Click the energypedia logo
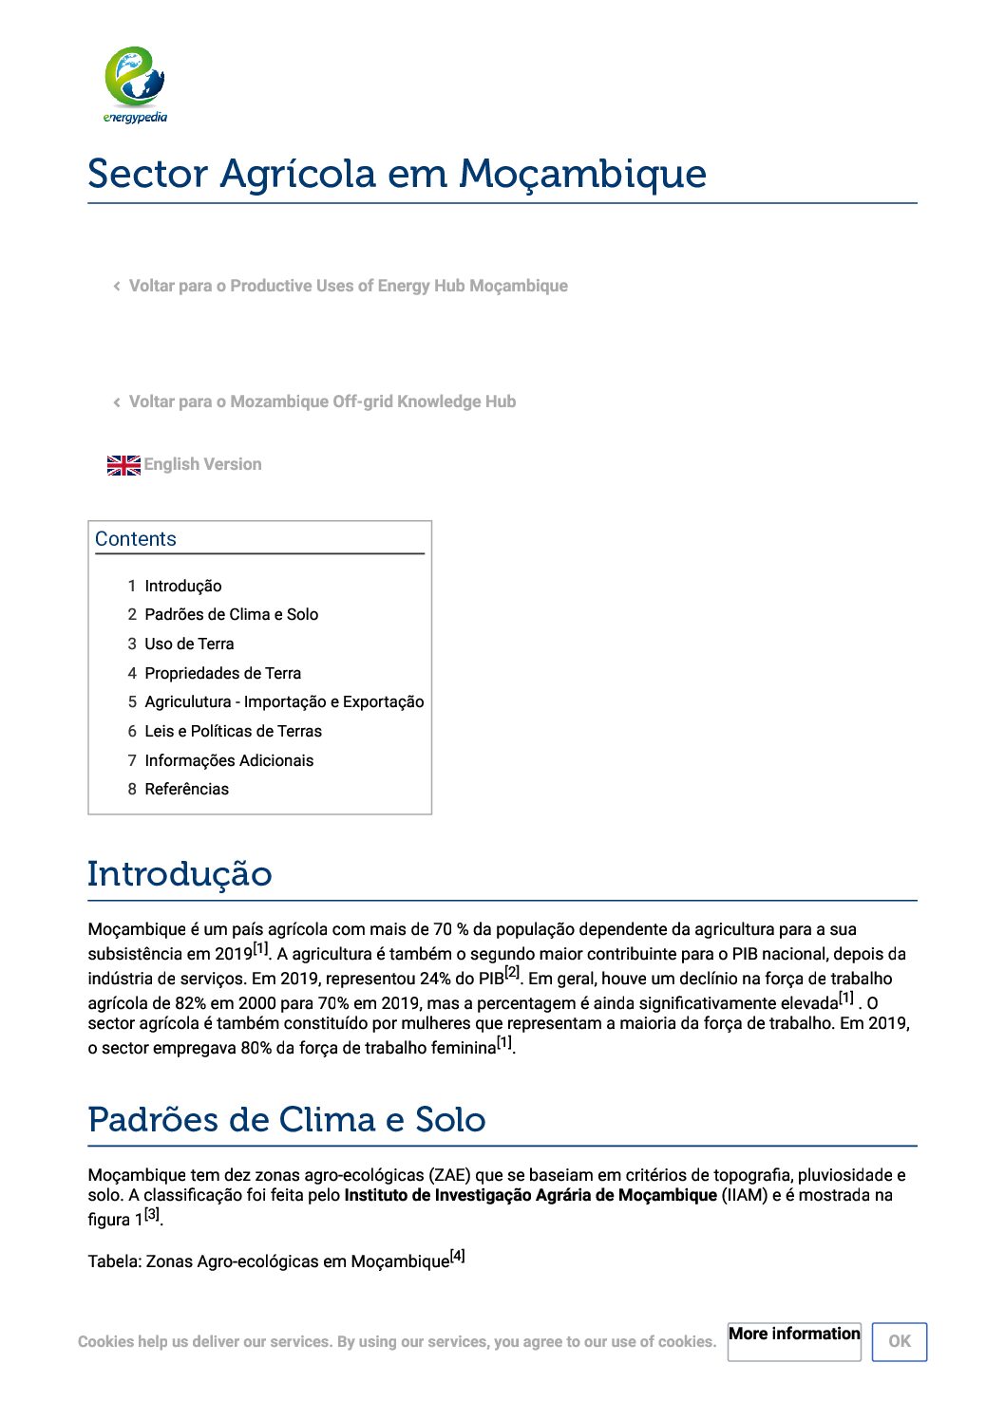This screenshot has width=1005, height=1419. pos(135,84)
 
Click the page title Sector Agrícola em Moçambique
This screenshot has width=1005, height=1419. pos(397,174)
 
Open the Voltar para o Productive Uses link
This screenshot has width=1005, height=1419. pos(348,286)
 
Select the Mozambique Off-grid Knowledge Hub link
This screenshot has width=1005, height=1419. pos(322,401)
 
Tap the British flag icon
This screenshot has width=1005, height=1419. pos(123,465)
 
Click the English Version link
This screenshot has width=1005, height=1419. pos(202,464)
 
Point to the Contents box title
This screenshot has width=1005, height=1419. pos(136,539)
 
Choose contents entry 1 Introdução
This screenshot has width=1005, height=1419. pos(182,586)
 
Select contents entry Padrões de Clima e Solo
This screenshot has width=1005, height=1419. pos(231,614)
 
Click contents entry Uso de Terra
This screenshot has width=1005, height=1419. pos(189,644)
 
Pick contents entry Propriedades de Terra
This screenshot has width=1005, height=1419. pos(222,673)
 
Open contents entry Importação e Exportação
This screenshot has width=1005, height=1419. pos(284,701)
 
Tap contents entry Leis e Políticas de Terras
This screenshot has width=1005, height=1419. pos(233,731)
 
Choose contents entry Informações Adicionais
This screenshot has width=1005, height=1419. pos(229,760)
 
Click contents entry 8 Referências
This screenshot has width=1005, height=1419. pos(186,789)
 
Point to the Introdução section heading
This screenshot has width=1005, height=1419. pos(180,874)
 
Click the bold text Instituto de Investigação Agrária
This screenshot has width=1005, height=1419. pos(530,1195)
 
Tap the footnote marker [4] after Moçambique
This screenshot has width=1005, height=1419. pos(457,1256)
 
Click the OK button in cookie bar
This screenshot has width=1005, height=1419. pos(899,1341)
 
